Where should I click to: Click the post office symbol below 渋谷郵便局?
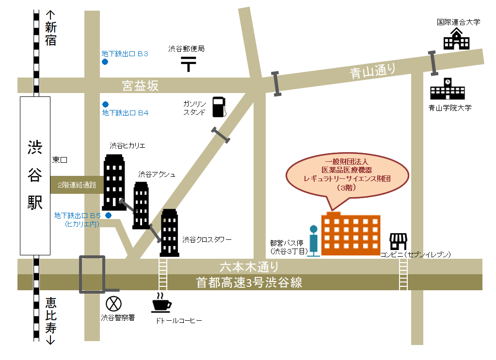(188, 63)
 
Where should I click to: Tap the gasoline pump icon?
(219, 107)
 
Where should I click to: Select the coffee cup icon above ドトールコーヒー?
(161, 303)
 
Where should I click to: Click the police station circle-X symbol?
(113, 303)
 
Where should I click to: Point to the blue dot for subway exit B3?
(105, 62)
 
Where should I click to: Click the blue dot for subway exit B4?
(105, 104)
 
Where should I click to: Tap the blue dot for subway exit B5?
(109, 215)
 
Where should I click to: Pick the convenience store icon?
(398, 241)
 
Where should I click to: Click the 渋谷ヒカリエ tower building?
(114, 182)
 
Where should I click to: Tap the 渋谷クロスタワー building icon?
(170, 233)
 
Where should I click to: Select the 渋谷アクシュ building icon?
(141, 205)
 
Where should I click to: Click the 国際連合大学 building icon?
(457, 39)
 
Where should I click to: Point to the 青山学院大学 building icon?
(447, 90)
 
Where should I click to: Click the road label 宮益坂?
(140, 86)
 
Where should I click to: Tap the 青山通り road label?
(373, 72)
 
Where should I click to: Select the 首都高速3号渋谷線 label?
(249, 282)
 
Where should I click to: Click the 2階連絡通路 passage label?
(77, 185)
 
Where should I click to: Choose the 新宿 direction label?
(50, 34)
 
